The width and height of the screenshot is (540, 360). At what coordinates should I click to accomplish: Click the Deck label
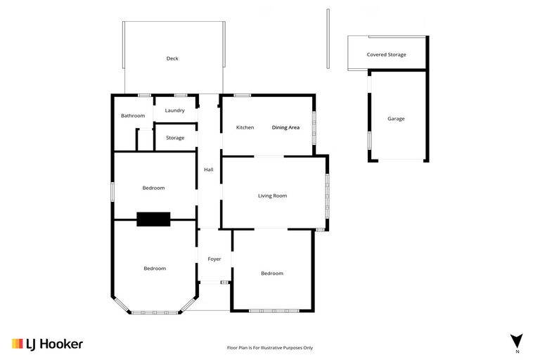172,58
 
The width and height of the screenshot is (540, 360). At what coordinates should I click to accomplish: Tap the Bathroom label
133,115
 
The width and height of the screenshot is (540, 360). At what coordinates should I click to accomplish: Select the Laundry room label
174,110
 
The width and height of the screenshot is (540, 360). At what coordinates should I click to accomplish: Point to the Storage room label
175,138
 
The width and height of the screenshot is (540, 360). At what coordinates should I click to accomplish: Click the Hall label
208,169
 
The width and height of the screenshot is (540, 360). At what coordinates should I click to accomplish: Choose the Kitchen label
245,127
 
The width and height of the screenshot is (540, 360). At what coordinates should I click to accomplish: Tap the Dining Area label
285,127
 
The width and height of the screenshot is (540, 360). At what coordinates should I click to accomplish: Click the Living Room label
272,195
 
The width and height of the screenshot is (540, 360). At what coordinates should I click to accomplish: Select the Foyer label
214,259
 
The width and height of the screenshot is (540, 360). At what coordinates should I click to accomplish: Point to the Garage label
396,119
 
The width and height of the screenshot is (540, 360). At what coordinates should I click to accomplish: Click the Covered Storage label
386,54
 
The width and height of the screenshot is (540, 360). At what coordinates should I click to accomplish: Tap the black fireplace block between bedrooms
153,219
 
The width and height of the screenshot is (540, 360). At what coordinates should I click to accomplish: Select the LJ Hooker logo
47,344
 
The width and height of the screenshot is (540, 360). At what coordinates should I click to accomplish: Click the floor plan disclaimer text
270,347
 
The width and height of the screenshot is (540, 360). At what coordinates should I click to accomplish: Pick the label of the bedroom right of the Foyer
272,273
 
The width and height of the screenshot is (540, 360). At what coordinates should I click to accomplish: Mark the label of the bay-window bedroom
155,268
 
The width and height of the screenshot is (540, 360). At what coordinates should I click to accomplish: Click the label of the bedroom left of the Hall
153,188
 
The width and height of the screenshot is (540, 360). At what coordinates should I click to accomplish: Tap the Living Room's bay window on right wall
327,195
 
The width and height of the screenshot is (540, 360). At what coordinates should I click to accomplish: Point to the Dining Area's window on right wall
314,127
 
